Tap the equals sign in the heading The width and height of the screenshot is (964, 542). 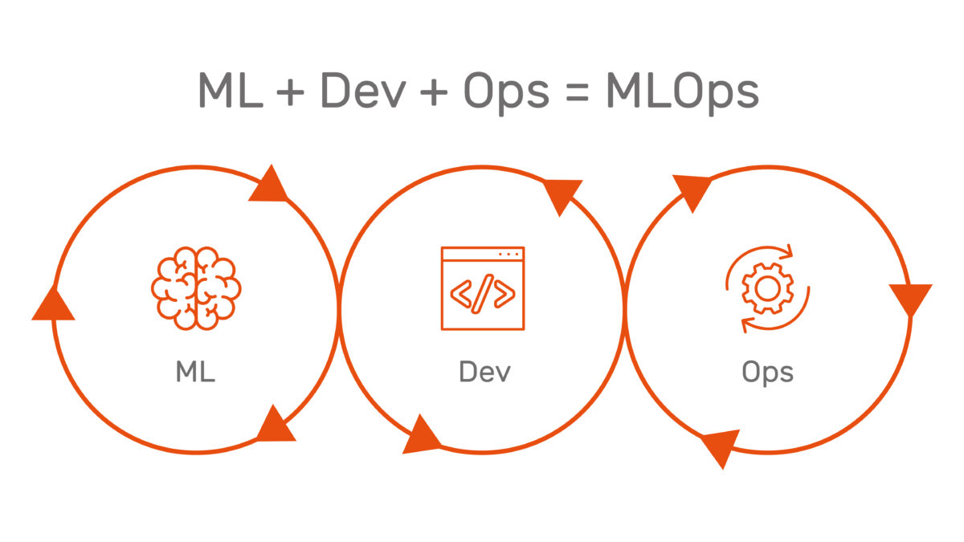(577, 93)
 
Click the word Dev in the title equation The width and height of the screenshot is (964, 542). (364, 90)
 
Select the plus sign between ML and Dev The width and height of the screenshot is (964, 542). (290, 92)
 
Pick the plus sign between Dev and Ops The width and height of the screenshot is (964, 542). (433, 92)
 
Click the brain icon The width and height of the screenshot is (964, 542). (196, 288)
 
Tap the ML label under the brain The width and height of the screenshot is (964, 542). (195, 372)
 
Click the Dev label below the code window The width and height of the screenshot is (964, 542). (484, 372)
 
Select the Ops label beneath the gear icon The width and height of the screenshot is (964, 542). (768, 373)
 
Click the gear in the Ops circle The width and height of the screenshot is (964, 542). (768, 288)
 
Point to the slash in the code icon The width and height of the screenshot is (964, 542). (483, 294)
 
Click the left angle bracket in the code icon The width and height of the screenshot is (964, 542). (461, 294)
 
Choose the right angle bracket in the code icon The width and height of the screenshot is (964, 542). (504, 294)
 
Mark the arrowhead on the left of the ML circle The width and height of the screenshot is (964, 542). (53, 304)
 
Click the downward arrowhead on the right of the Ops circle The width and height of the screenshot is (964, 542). (911, 298)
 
